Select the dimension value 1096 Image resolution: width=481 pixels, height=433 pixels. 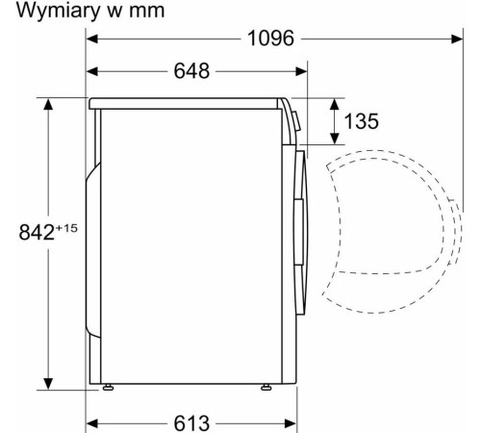tap(270, 38)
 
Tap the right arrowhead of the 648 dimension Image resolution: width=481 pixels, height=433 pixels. tap(302, 72)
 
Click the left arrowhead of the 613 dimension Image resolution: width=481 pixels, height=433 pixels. tap(93, 421)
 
